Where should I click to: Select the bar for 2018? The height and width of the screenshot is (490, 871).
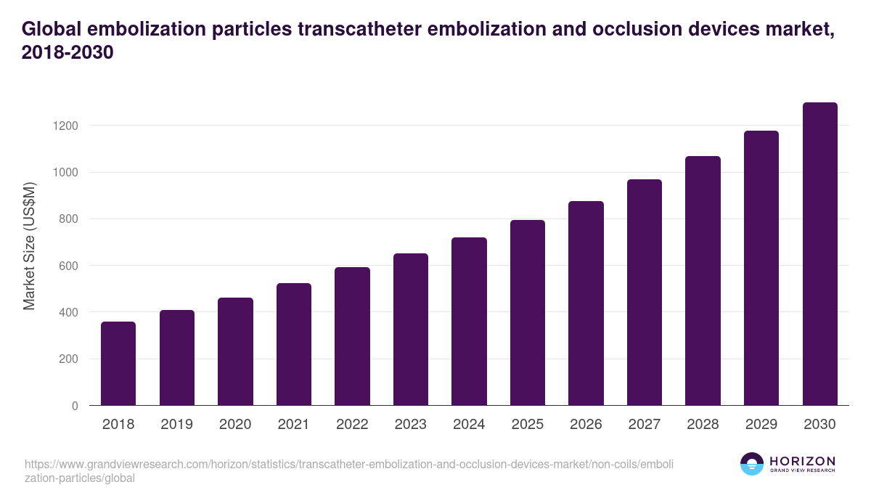point(118,363)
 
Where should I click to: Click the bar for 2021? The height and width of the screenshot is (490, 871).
point(293,344)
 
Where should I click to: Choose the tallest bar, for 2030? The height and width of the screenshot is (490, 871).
point(819,253)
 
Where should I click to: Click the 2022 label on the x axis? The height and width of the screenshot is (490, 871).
point(352,425)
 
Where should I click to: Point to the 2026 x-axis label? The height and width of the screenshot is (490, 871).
point(586,425)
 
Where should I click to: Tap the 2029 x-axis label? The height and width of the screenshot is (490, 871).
point(761,425)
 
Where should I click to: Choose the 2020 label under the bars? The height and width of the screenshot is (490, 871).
point(235,425)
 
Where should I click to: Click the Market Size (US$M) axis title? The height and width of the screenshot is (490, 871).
point(29,245)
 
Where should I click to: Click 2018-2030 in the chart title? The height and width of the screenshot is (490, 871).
point(68,53)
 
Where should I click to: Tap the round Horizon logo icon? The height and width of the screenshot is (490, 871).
point(752,464)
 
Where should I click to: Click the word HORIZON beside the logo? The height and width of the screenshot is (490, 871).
point(802,461)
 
